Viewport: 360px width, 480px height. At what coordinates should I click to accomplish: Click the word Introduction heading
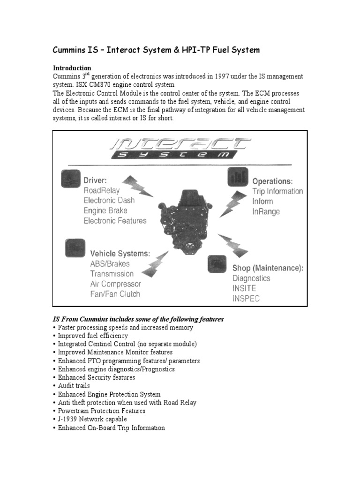pyautogui.click(x=72, y=68)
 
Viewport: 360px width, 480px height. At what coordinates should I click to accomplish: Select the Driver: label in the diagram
pyautogui.click(x=96, y=180)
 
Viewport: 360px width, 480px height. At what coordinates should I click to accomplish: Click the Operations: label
pyautogui.click(x=273, y=181)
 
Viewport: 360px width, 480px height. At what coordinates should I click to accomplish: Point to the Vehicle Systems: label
pyautogui.click(x=120, y=253)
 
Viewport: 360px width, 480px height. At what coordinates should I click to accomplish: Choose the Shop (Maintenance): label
pyautogui.click(x=268, y=268)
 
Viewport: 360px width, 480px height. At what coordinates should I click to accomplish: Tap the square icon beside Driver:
pyautogui.click(x=69, y=179)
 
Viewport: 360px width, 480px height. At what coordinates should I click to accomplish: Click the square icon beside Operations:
pyautogui.click(x=238, y=177)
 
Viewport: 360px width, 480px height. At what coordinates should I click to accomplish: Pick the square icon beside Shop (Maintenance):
pyautogui.click(x=217, y=264)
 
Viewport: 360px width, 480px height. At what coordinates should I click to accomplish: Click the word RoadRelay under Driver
pyautogui.click(x=102, y=190)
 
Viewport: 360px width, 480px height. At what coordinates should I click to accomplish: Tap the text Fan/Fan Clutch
pyautogui.click(x=115, y=294)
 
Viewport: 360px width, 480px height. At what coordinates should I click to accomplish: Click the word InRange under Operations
pyautogui.click(x=266, y=211)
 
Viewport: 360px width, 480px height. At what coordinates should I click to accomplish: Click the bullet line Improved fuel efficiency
pyautogui.click(x=93, y=336)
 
